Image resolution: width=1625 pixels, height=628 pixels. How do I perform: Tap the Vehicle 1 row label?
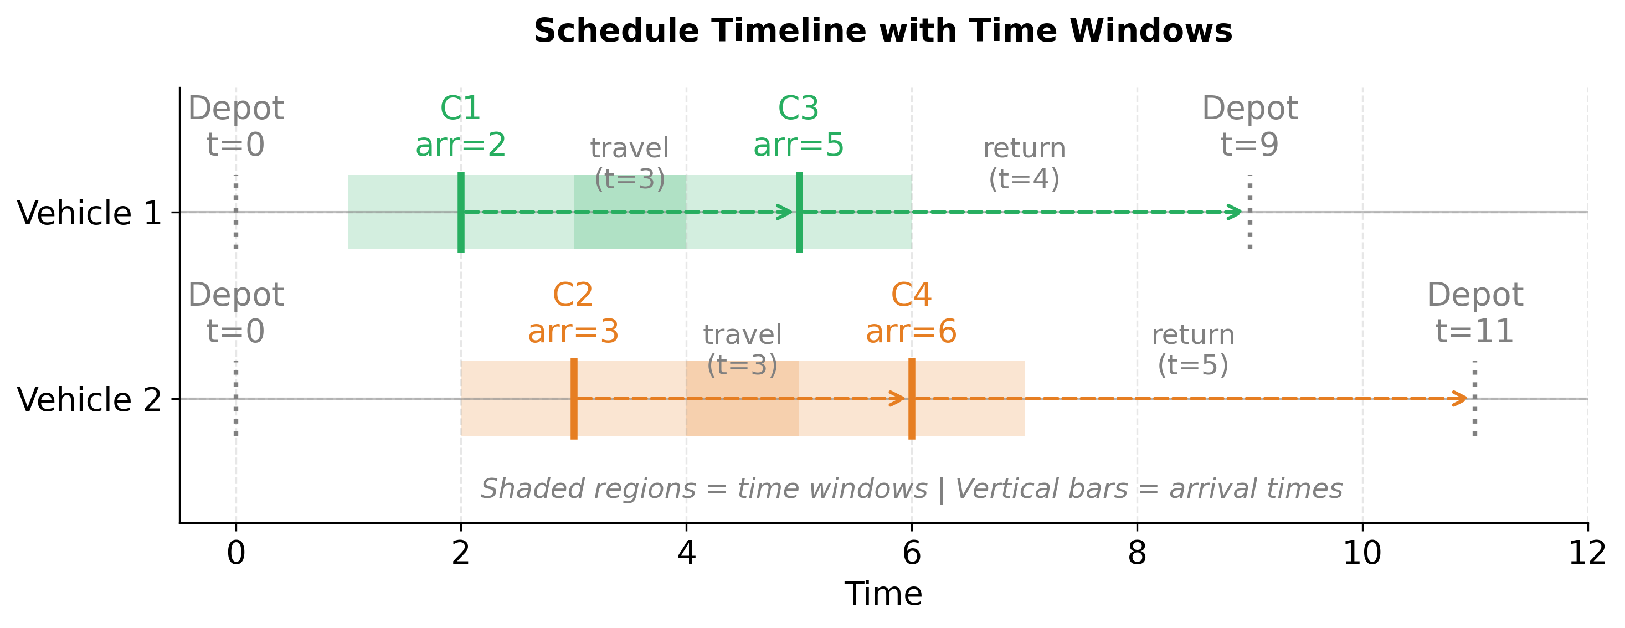pyautogui.click(x=90, y=213)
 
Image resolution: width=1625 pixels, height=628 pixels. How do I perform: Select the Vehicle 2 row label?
pyautogui.click(x=90, y=400)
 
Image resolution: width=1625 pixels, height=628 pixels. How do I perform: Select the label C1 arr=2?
pyautogui.click(x=460, y=127)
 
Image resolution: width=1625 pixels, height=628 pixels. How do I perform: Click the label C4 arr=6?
pyautogui.click(x=911, y=313)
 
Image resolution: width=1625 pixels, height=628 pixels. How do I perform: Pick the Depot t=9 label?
pyautogui.click(x=1249, y=127)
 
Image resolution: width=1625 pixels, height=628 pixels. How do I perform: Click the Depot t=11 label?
pyautogui.click(x=1475, y=313)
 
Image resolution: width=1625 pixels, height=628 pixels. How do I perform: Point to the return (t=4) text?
pyautogui.click(x=1024, y=163)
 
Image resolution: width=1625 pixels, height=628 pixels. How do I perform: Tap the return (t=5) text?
pyautogui.click(x=1193, y=350)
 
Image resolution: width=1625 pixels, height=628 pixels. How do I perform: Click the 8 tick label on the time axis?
pyautogui.click(x=1137, y=554)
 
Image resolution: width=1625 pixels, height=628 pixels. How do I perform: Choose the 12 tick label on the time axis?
pyautogui.click(x=1587, y=554)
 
